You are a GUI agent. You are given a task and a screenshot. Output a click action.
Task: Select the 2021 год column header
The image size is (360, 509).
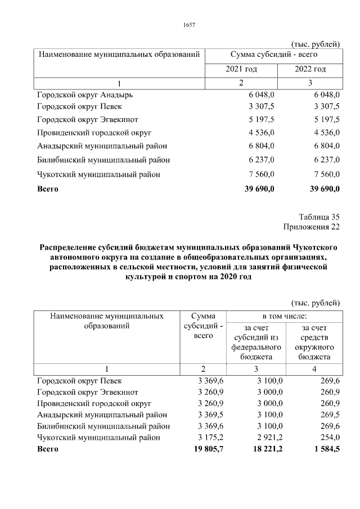[241, 69]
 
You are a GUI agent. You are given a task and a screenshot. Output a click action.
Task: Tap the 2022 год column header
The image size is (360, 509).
[310, 69]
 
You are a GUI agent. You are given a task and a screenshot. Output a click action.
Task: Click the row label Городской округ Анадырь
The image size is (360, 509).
[84, 95]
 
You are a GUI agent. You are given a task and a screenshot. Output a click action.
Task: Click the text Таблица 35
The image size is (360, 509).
[319, 217]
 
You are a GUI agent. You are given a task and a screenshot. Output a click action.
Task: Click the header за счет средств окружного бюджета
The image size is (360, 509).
[314, 342]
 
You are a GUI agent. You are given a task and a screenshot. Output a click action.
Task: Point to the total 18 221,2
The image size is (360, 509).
[264, 449]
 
